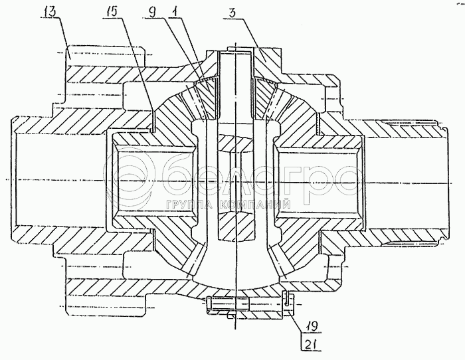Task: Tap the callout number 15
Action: tap(110, 12)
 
